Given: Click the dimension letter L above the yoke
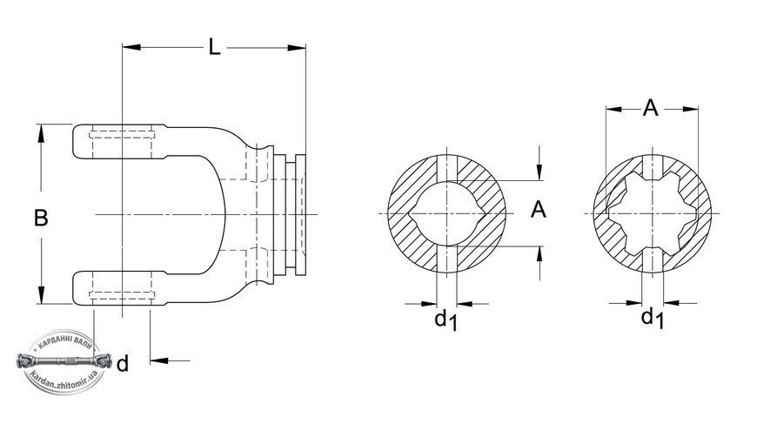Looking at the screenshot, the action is pyautogui.click(x=214, y=47).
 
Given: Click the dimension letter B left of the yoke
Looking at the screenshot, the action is pyautogui.click(x=41, y=218).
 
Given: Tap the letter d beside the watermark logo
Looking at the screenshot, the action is pyautogui.click(x=123, y=363).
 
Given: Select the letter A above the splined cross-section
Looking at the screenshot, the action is pyautogui.click(x=650, y=108).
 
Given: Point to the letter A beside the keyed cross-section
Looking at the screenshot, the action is pyautogui.click(x=539, y=210).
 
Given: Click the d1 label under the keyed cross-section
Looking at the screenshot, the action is pyautogui.click(x=445, y=320).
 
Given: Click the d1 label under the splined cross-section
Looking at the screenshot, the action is pyautogui.click(x=653, y=318).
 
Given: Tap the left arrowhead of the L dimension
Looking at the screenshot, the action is pyautogui.click(x=131, y=47).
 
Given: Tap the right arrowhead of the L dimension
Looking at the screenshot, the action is pyautogui.click(x=297, y=47).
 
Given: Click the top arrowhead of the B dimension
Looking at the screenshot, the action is pyautogui.click(x=41, y=133).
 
